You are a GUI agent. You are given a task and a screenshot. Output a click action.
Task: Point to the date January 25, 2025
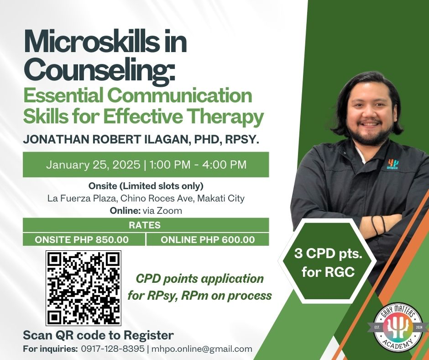point(93,165)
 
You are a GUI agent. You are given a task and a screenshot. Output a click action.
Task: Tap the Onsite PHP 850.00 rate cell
point(84,239)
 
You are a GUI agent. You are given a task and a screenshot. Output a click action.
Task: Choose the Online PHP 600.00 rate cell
point(208,239)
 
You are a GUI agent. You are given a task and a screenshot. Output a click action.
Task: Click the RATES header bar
point(146,225)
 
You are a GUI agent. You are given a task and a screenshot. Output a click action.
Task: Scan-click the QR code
point(84,288)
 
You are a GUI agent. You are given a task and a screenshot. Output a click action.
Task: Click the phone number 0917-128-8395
point(113,349)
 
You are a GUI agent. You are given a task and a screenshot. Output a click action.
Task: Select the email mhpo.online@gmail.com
point(202,349)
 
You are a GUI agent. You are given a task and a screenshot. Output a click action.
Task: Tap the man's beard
point(367,132)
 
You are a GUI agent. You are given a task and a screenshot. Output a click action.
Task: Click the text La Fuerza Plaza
point(82,198)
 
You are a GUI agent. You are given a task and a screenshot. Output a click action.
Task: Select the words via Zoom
point(162,211)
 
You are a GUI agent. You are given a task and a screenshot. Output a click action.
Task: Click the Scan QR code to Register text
point(98,335)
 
